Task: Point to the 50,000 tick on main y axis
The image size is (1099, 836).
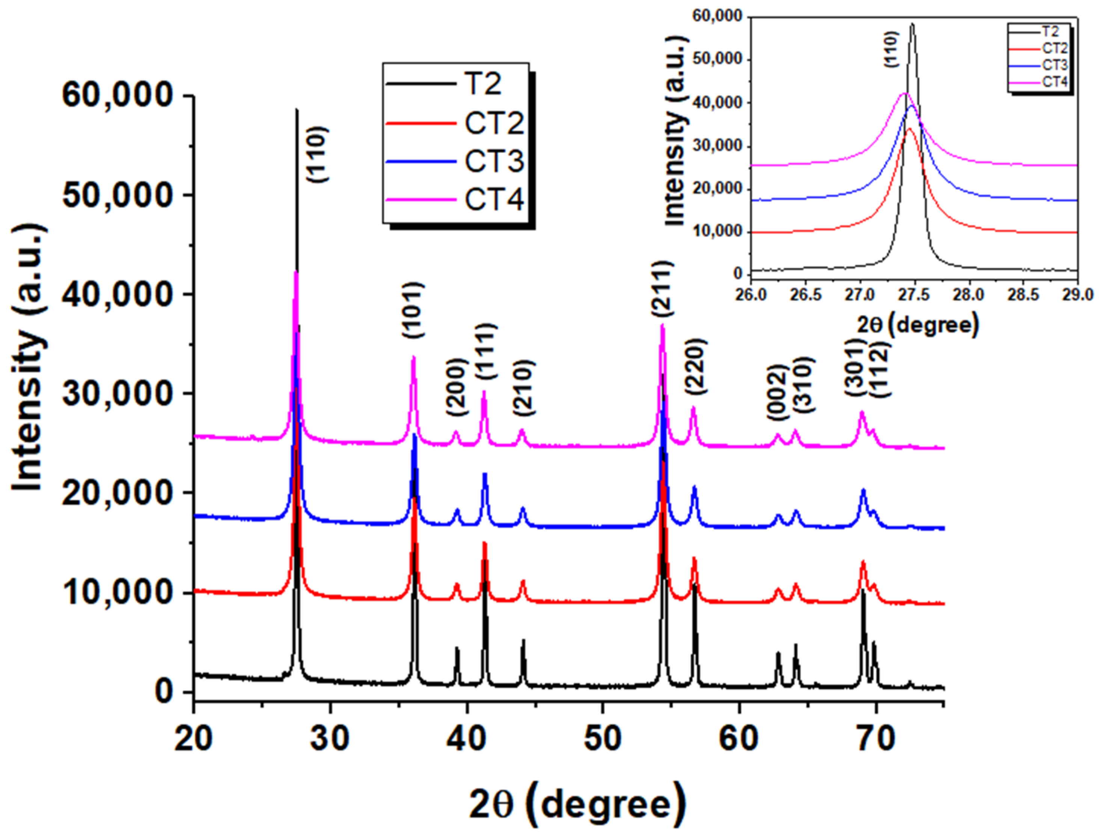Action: point(118,195)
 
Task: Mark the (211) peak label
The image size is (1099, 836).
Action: point(663,289)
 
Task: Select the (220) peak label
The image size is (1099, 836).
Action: point(696,367)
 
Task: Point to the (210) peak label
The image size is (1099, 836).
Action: point(524,388)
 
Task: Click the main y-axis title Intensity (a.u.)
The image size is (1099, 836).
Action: point(29,358)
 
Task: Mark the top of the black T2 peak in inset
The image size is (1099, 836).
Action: point(912,24)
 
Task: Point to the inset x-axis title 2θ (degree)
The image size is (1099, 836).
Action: point(918,325)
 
